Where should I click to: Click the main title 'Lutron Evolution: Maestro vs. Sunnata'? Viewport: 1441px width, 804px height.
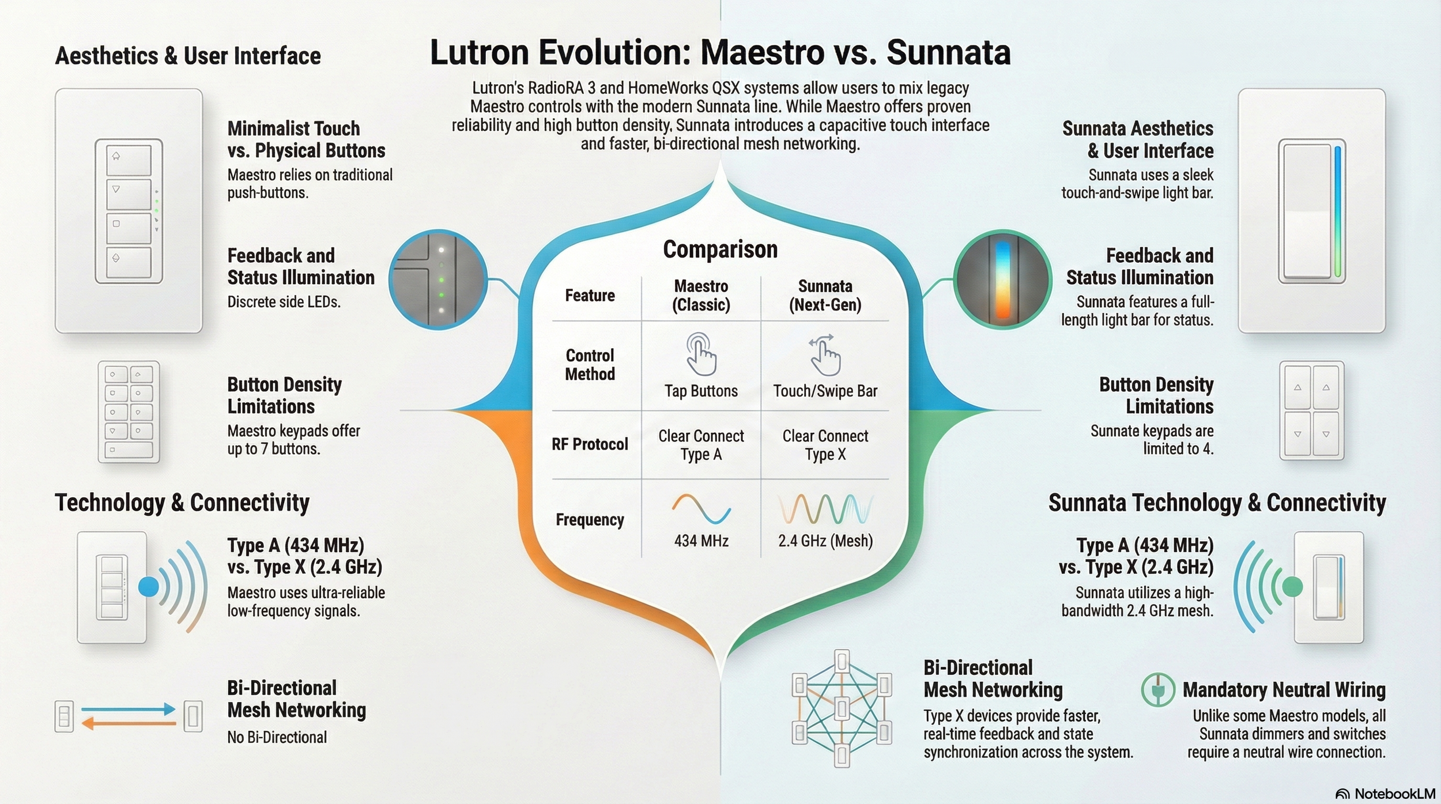(x=720, y=52)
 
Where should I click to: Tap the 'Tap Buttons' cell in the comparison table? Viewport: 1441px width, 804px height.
(x=701, y=391)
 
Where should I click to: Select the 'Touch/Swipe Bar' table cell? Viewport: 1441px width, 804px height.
(x=825, y=391)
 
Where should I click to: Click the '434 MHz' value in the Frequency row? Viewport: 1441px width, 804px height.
(x=701, y=541)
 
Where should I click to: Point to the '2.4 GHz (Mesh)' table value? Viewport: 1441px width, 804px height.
(x=825, y=541)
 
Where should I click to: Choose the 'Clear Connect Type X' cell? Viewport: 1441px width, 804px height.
(x=825, y=445)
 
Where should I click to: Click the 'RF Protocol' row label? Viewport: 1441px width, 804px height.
(x=590, y=444)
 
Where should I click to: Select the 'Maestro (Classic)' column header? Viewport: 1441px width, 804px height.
(x=701, y=295)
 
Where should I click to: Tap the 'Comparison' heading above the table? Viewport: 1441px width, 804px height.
(x=720, y=250)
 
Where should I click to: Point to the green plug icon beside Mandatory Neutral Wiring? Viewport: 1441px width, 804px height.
(x=1157, y=690)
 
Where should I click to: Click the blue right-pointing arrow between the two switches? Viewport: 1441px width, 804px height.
(x=128, y=709)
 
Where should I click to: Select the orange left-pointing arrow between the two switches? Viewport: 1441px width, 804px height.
(x=128, y=723)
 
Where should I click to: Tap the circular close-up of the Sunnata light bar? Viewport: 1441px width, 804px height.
(x=1002, y=280)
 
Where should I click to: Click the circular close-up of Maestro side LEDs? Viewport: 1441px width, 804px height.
(x=438, y=280)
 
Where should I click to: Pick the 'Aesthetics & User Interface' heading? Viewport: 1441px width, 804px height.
(x=188, y=56)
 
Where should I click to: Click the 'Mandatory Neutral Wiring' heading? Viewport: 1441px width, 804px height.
(x=1284, y=690)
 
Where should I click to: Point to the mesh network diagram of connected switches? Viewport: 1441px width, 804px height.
(x=842, y=708)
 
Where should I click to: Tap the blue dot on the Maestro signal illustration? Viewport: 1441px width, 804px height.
(x=149, y=587)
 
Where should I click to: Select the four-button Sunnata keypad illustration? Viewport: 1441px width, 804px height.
(x=1311, y=410)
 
